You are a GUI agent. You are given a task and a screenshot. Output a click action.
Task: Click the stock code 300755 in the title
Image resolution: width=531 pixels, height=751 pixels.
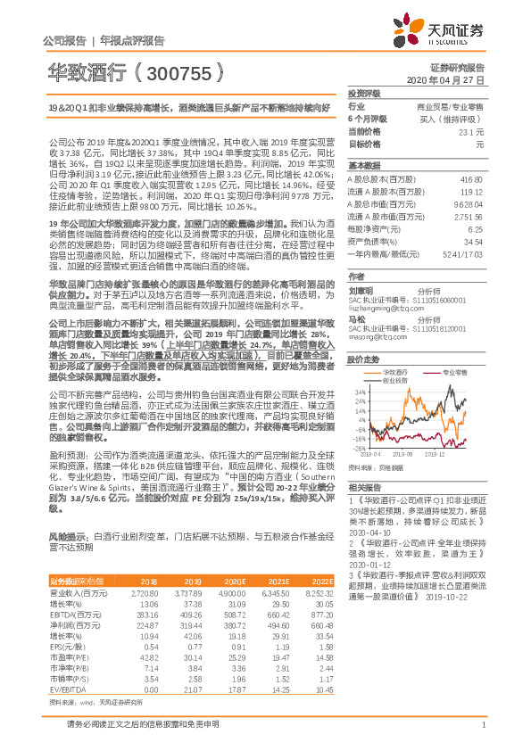[176, 69]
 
